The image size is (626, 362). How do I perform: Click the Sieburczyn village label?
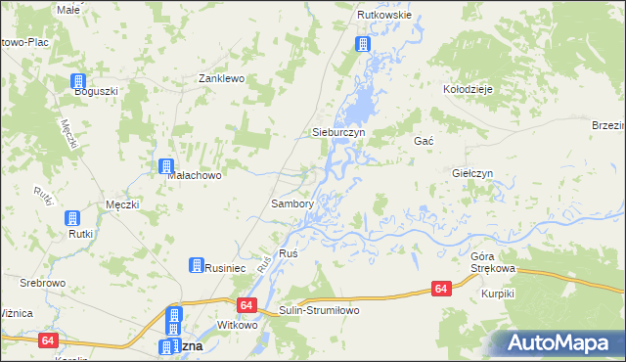point(337,131)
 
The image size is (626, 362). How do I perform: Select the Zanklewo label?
point(220,78)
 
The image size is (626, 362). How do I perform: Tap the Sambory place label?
point(291,204)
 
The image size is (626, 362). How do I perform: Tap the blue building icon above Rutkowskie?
point(362,44)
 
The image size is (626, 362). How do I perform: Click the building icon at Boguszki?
point(77,82)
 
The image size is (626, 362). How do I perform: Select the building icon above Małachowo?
point(166,166)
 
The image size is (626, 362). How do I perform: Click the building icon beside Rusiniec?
point(196,265)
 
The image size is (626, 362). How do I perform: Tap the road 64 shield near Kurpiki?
point(441,289)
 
